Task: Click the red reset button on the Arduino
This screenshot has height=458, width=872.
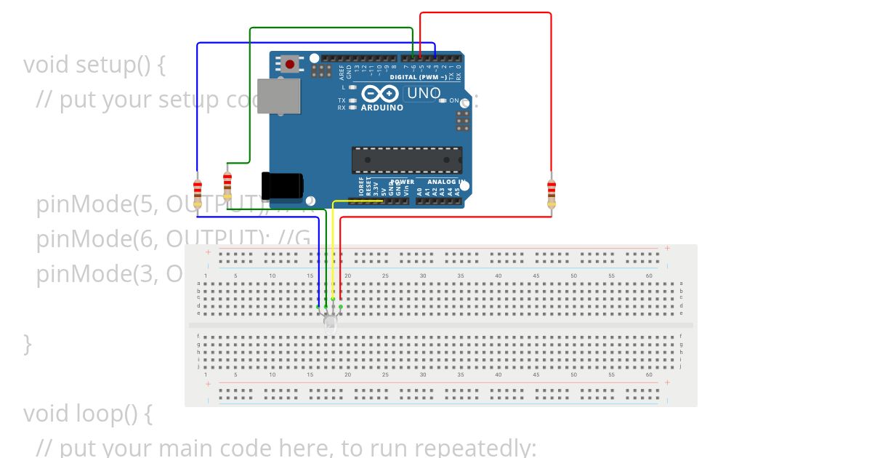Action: click(x=290, y=64)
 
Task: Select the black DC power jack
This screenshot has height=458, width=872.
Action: click(x=282, y=185)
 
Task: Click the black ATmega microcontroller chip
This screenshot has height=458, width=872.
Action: click(x=406, y=160)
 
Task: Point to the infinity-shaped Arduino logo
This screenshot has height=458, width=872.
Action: click(x=379, y=94)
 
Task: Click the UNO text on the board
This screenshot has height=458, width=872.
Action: click(x=424, y=93)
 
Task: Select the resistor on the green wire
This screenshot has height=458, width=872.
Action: click(x=227, y=186)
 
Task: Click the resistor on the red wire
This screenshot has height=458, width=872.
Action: click(x=551, y=193)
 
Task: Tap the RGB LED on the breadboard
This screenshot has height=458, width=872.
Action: click(x=330, y=321)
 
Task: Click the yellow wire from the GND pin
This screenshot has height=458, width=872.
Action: click(x=333, y=247)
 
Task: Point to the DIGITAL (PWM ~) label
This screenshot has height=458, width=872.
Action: click(x=418, y=76)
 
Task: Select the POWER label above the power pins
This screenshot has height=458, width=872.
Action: click(x=403, y=182)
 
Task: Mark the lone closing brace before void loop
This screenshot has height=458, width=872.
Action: click(x=28, y=343)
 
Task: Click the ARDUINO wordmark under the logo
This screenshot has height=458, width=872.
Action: click(x=381, y=108)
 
